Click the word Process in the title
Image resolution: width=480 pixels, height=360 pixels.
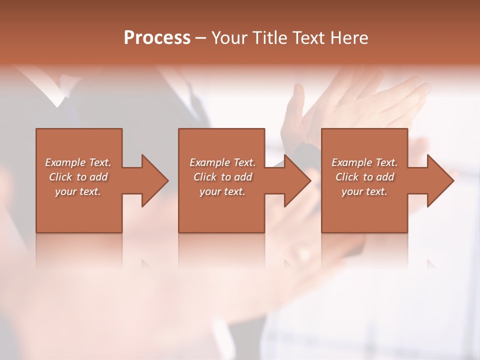pos(157,38)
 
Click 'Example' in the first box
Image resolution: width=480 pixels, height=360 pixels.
pos(65,162)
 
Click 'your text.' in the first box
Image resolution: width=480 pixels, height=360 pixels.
pos(77,191)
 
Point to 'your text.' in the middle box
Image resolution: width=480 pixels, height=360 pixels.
pos(222,191)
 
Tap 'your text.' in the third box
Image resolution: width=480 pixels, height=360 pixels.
pos(364,191)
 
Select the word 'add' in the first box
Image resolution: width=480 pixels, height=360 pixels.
pos(99,177)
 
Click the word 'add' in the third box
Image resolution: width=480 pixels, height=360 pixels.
pos(385,177)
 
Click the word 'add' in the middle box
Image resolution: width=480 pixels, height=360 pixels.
pos(243,177)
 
